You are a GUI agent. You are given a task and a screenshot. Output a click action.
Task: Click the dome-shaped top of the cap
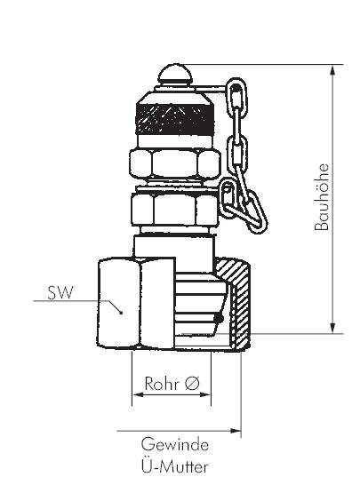click(173, 76)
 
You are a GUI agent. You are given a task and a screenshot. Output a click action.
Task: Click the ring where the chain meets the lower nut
click(229, 191)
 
